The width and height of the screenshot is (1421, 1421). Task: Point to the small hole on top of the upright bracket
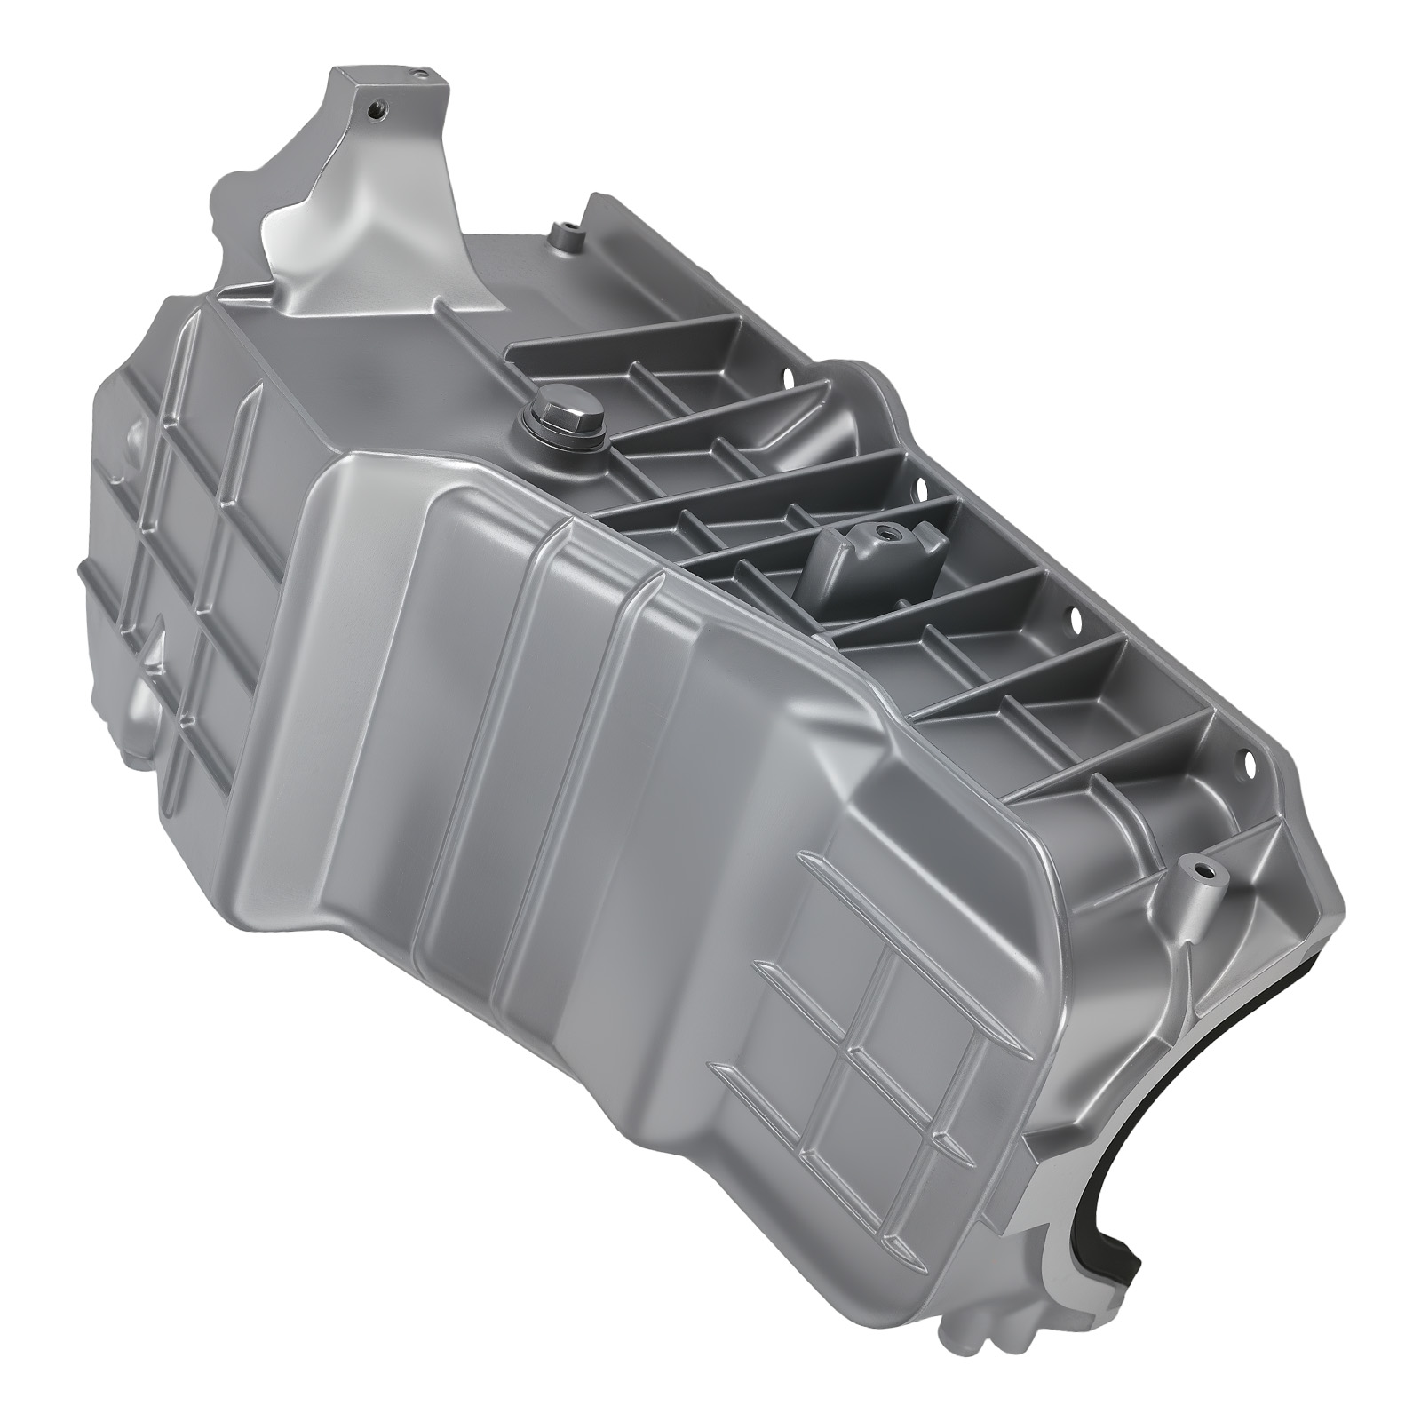[x=416, y=67]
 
